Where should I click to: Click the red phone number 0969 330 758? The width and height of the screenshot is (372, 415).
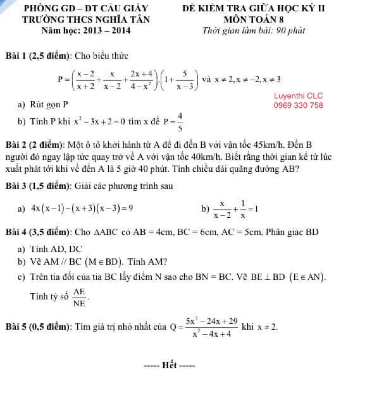[x=298, y=106]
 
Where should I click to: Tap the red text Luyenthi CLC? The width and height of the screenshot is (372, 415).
[x=298, y=96]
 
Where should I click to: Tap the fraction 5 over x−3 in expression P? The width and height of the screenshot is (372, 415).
[x=184, y=80]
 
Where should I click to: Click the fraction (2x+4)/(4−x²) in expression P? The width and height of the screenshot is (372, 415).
[x=142, y=80]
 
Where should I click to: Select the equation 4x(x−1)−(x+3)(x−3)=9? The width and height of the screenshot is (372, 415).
[x=82, y=208]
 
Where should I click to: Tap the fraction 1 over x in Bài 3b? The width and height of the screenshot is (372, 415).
[x=243, y=210]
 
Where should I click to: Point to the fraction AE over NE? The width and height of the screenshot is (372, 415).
[x=79, y=297]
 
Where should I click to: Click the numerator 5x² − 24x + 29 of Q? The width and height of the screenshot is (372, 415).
[x=212, y=321]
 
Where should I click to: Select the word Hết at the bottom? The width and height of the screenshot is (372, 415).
[x=170, y=365]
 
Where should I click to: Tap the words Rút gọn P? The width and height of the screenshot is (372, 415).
[x=49, y=105]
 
